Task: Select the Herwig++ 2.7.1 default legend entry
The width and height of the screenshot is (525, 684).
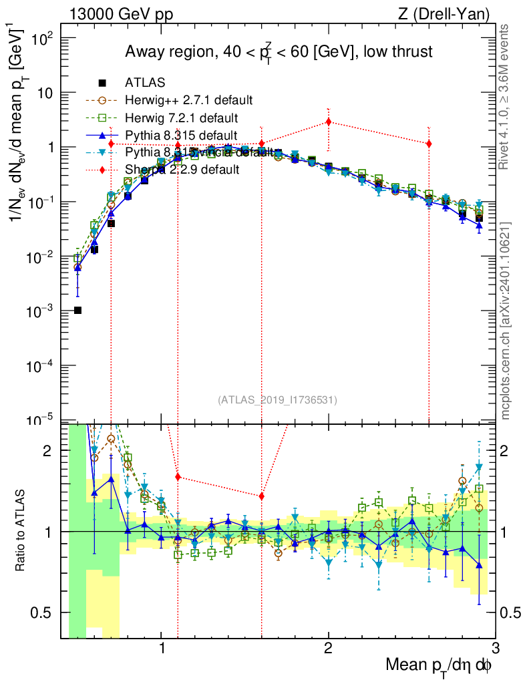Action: point(188,100)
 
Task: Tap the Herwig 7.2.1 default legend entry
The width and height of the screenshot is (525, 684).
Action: point(181,118)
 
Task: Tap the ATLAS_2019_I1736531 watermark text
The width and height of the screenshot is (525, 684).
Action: point(277,400)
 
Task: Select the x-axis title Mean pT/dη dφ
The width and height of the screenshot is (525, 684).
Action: point(440,665)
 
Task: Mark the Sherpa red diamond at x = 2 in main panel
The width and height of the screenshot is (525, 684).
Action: point(328,122)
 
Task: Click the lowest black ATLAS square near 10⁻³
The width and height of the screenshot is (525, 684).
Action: point(77,310)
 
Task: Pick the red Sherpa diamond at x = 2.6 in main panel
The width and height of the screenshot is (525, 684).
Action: point(428,144)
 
